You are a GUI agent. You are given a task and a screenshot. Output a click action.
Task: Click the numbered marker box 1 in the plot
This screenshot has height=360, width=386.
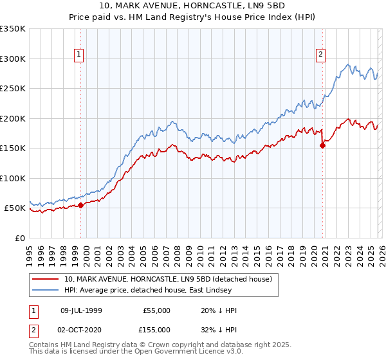tap(78, 55)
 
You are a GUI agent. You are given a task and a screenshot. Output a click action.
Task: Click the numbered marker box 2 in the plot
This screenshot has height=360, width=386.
tap(320, 55)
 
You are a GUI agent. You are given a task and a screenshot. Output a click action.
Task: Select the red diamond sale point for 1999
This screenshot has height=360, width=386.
tap(81, 206)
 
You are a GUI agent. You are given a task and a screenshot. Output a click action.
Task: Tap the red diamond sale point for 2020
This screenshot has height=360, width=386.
tap(323, 145)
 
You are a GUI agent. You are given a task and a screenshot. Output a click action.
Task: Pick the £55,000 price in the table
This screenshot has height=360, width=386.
tap(157, 310)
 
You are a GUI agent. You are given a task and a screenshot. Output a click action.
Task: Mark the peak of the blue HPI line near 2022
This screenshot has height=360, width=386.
tap(348, 64)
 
